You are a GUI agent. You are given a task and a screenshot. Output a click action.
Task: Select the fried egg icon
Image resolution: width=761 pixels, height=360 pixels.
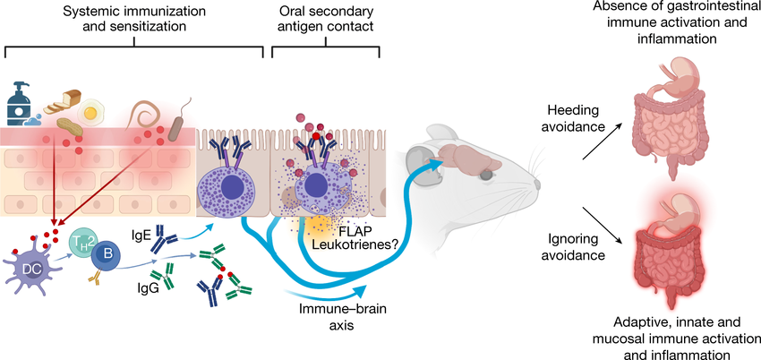click(x=90, y=112)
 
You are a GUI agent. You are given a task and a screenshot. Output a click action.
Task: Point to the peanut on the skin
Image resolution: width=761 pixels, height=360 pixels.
click(x=71, y=129)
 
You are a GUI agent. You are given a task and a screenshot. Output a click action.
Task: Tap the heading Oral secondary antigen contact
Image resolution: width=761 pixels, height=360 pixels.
click(x=326, y=18)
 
